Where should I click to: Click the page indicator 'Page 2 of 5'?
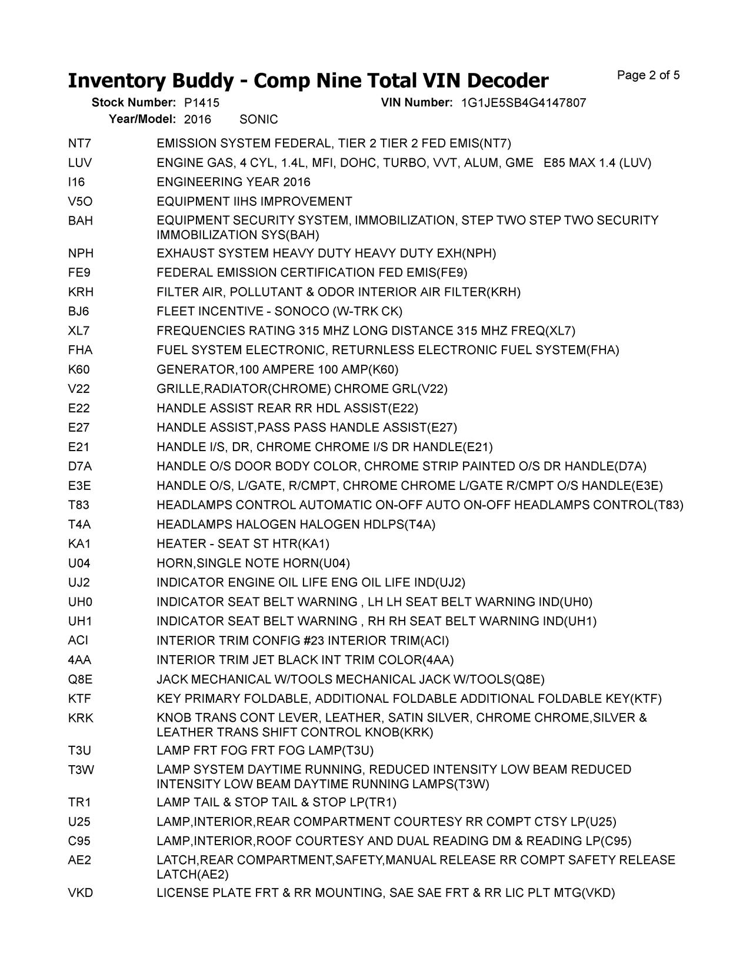pos(648,75)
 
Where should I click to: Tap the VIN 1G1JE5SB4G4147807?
pos(524,103)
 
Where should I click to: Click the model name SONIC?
pos(259,119)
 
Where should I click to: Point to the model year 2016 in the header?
pos(198,119)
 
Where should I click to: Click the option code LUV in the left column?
pos(80,163)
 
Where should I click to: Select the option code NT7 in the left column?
pos(80,144)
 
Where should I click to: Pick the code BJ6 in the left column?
pos(79,311)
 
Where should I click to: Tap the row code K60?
pos(79,369)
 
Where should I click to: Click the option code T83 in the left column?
pos(79,505)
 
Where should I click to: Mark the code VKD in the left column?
pos(81,893)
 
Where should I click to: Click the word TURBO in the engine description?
pos(400,163)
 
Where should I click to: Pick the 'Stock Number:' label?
pos(134,103)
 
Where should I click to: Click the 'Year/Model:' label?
pos(142,119)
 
